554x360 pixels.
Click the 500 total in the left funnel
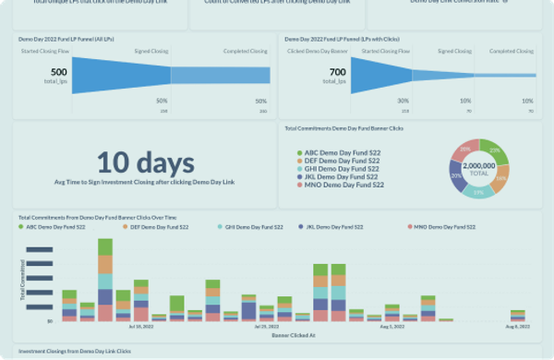59,72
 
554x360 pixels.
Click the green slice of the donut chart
498,150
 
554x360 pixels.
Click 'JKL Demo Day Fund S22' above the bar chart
354,226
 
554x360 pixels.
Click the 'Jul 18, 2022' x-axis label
141,326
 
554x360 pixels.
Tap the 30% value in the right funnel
403,101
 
